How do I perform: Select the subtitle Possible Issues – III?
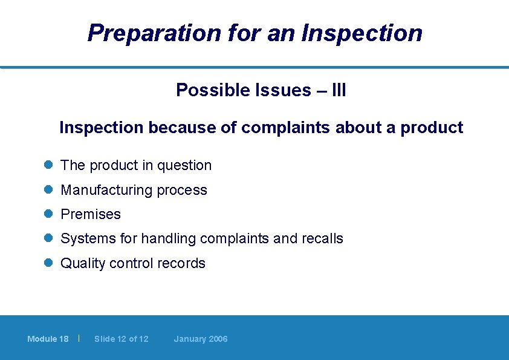click(x=261, y=90)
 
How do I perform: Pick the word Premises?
click(x=91, y=214)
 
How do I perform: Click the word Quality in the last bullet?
click(x=83, y=263)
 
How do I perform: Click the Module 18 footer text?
click(x=48, y=339)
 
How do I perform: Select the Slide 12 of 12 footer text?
click(x=121, y=339)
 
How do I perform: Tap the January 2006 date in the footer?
click(x=201, y=339)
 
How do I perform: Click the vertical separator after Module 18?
click(x=79, y=338)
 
